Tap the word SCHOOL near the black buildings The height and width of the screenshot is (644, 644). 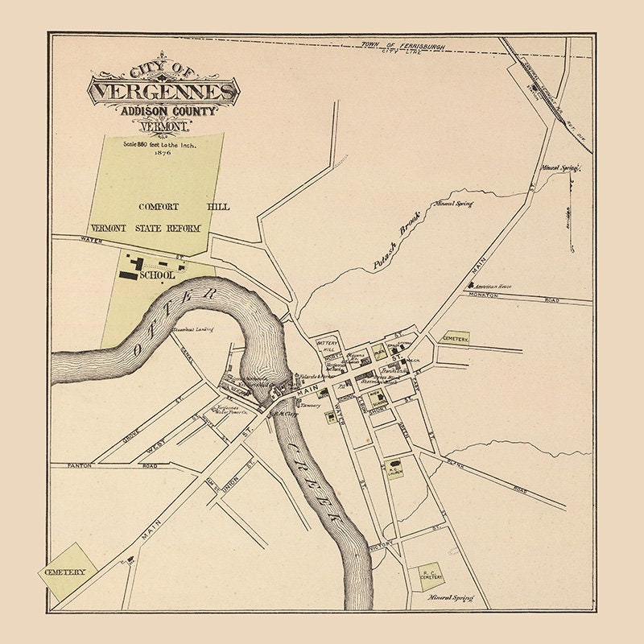(x=157, y=275)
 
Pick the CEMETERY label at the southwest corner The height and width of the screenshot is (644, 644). (x=65, y=571)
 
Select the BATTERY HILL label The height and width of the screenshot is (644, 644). (x=329, y=346)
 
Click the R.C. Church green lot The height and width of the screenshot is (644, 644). (x=394, y=468)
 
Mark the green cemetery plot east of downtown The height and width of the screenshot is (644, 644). (x=454, y=340)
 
